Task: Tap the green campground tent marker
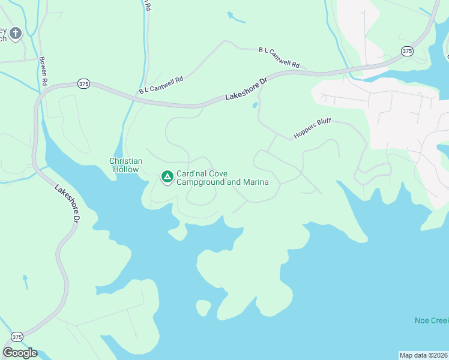167,177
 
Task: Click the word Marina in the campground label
255,182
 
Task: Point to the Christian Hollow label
126,165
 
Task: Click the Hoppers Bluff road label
312,128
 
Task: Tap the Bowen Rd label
43,70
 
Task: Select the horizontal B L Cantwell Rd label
279,56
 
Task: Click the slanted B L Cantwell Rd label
160,85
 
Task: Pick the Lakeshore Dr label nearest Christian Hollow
68,204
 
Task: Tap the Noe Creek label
431,320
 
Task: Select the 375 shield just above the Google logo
17,337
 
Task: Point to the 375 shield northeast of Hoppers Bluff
408,51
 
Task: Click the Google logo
20,353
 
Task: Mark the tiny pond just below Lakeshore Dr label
256,106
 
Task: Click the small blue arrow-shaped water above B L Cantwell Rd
237,18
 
